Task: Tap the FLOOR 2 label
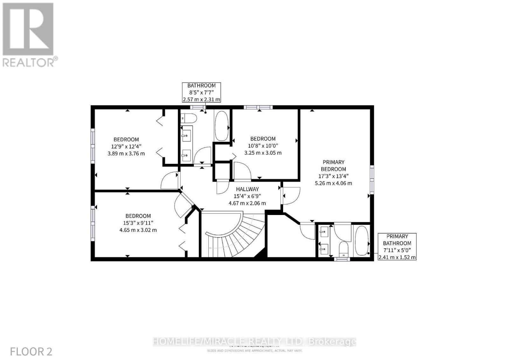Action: pyautogui.click(x=31, y=351)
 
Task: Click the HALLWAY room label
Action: pyautogui.click(x=247, y=189)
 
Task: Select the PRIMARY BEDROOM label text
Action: pyautogui.click(x=333, y=165)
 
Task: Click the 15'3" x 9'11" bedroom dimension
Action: pyautogui.click(x=138, y=223)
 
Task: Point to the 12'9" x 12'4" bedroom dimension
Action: pyautogui.click(x=126, y=146)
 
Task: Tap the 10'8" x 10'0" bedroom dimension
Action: pyautogui.click(x=263, y=146)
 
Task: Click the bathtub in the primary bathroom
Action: pyautogui.click(x=361, y=241)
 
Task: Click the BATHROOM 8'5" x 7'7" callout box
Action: pyautogui.click(x=201, y=92)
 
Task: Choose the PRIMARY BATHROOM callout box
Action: pyautogui.click(x=397, y=246)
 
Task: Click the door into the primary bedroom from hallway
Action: pyautogui.click(x=290, y=196)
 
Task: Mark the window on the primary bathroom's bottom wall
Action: pyautogui.click(x=342, y=259)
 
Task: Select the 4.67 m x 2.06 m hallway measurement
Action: pyautogui.click(x=247, y=203)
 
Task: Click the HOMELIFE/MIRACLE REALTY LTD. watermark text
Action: pyautogui.click(x=254, y=342)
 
